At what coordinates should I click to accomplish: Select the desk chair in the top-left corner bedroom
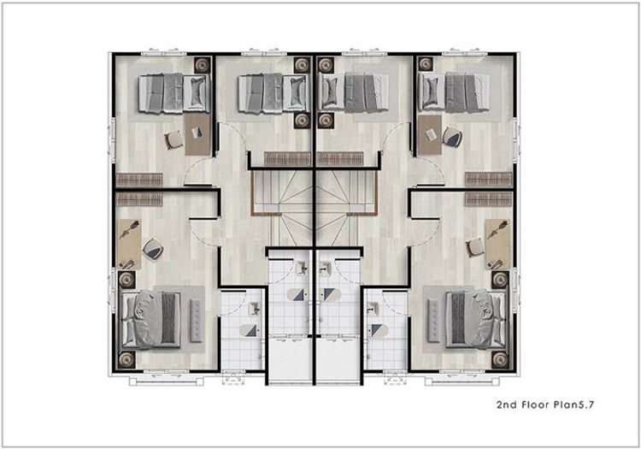tap(174, 139)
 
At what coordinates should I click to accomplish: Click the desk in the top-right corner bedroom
tap(430, 135)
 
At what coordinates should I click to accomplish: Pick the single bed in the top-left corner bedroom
tap(174, 93)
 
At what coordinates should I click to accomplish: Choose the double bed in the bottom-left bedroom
tap(151, 319)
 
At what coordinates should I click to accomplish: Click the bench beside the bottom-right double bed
tap(432, 321)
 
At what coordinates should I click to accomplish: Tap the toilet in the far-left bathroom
tap(250, 330)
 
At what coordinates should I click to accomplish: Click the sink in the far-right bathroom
tap(373, 308)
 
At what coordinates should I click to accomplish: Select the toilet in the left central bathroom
tap(296, 294)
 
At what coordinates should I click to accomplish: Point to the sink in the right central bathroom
tap(326, 269)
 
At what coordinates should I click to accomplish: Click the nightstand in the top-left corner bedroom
tap(202, 65)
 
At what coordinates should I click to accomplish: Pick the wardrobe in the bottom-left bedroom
tap(139, 199)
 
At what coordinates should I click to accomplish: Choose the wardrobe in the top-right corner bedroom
tap(488, 179)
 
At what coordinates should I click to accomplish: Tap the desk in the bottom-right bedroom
tap(497, 244)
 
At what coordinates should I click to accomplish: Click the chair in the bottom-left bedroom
tap(153, 249)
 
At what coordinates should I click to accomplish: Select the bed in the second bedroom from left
tap(273, 93)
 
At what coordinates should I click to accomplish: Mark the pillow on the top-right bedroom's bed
tap(431, 92)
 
